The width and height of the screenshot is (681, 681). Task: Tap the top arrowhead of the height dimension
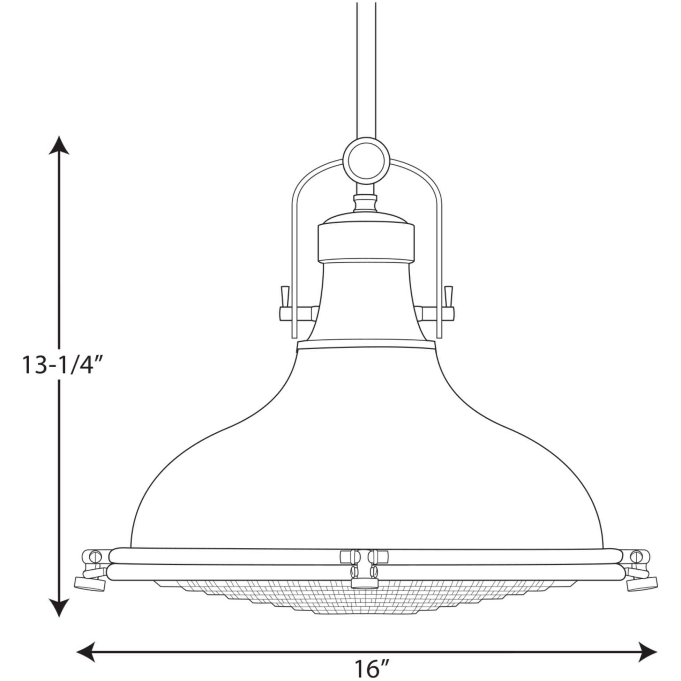coord(59,145)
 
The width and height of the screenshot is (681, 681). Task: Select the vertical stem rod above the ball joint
coord(366,70)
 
